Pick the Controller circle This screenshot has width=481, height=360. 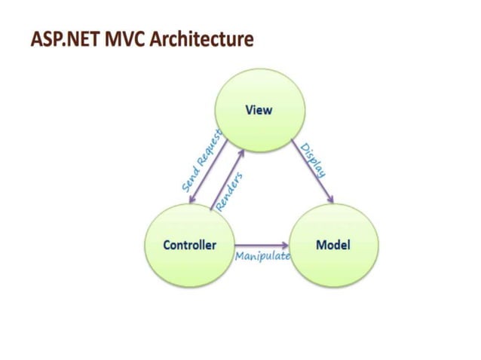click(x=189, y=246)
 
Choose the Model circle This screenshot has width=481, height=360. click(x=332, y=246)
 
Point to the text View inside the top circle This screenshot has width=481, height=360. click(x=259, y=110)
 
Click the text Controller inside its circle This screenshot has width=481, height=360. click(x=189, y=246)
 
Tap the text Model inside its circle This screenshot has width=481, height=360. click(x=332, y=246)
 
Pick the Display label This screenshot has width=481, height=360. click(x=313, y=160)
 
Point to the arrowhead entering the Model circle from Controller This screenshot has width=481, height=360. click(x=286, y=246)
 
